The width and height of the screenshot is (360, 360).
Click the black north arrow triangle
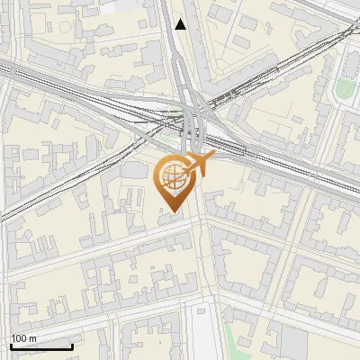181,24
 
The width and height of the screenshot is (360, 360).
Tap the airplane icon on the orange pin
199,165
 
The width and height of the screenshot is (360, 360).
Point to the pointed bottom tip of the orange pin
171,212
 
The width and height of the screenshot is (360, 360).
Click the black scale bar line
41,346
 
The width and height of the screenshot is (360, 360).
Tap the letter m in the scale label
33,338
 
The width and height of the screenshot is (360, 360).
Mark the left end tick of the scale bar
11,345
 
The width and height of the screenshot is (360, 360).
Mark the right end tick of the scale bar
72,345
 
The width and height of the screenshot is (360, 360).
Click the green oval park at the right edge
346,87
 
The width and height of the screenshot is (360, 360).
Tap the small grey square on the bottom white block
200,314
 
